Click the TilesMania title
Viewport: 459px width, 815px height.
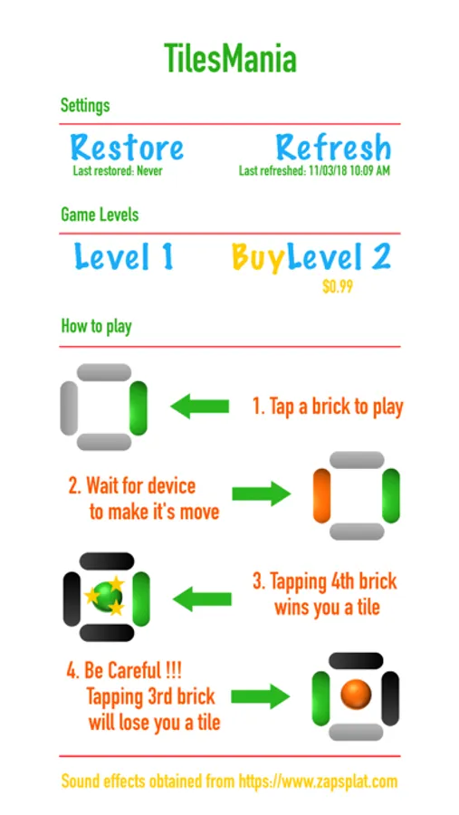pyautogui.click(x=230, y=58)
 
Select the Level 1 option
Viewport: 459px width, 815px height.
pyautogui.click(x=124, y=257)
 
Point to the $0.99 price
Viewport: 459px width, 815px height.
pyautogui.click(x=338, y=286)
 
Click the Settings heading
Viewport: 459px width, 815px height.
pyautogui.click(x=85, y=106)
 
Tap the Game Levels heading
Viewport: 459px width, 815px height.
pyautogui.click(x=100, y=214)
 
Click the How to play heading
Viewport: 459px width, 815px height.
pyautogui.click(x=96, y=326)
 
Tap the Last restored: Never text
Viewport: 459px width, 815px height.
pyautogui.click(x=118, y=170)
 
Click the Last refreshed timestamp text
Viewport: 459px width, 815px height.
pyautogui.click(x=314, y=170)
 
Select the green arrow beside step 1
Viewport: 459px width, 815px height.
pyautogui.click(x=199, y=406)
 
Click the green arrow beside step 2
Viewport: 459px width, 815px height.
pyautogui.click(x=261, y=494)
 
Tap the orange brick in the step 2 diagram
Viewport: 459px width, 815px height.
pyautogui.click(x=321, y=495)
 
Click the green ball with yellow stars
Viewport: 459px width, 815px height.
pyautogui.click(x=108, y=596)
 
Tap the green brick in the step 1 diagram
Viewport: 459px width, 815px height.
pyautogui.click(x=139, y=408)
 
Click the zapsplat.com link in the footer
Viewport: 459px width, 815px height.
pyautogui.click(x=318, y=781)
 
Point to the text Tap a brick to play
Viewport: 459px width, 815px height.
pyautogui.click(x=328, y=407)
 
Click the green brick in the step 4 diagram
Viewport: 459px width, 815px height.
pyautogui.click(x=320, y=698)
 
